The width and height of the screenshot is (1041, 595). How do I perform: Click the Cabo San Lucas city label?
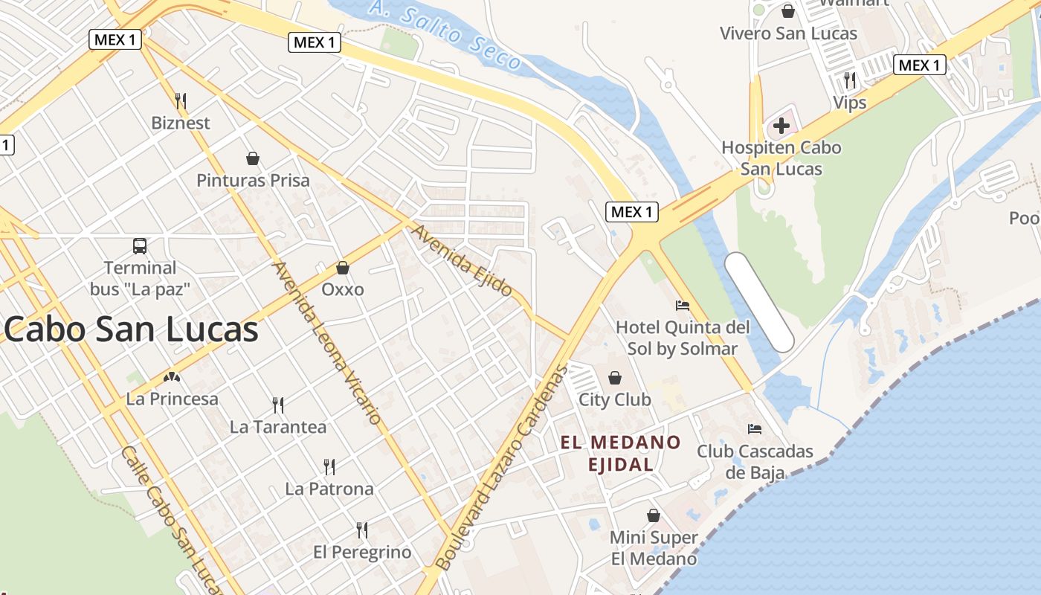click(132, 329)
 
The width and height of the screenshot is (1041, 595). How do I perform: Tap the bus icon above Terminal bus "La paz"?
click(139, 245)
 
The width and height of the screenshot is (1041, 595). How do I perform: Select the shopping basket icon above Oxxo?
click(343, 267)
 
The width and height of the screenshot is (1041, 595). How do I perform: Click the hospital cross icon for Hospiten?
click(781, 126)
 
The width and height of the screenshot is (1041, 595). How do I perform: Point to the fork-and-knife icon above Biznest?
click(180, 100)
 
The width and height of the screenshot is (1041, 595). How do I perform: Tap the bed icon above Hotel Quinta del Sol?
click(682, 305)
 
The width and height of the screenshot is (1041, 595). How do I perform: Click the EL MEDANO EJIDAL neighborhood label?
click(620, 454)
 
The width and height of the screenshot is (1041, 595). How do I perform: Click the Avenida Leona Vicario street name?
click(327, 343)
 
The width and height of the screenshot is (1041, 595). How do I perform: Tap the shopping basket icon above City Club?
click(615, 378)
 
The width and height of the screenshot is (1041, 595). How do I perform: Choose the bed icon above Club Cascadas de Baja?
click(755, 429)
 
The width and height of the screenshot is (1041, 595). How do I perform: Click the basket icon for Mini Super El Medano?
click(654, 515)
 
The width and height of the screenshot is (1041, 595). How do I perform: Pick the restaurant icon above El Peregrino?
click(362, 530)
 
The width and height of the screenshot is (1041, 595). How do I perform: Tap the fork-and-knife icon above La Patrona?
click(329, 467)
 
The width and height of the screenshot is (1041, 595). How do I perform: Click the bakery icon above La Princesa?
click(173, 377)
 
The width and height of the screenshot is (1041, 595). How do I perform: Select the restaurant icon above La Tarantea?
click(278, 405)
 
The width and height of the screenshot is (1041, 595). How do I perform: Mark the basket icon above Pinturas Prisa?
click(253, 158)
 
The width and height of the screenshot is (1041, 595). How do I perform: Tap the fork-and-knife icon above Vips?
click(850, 80)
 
